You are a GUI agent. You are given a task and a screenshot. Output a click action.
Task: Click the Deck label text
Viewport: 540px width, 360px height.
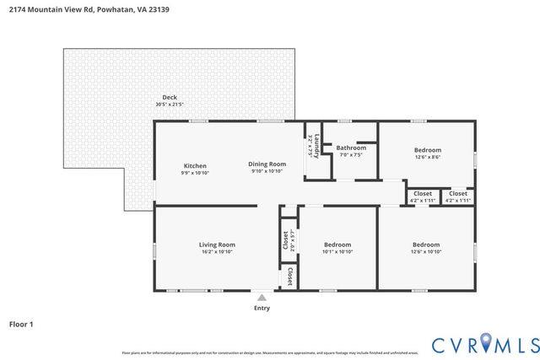point(169,97)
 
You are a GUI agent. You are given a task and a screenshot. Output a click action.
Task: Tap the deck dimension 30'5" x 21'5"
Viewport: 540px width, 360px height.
point(169,104)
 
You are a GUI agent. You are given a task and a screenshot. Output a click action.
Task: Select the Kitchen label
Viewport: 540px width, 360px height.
point(195,165)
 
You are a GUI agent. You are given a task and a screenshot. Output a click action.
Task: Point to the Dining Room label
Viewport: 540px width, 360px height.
point(267,164)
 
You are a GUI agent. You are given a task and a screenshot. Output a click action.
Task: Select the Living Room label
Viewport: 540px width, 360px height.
point(215,244)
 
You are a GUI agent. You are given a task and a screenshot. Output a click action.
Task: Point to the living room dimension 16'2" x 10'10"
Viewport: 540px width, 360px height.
point(215,251)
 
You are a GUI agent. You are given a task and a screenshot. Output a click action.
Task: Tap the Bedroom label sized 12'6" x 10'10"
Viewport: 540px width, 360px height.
point(426,244)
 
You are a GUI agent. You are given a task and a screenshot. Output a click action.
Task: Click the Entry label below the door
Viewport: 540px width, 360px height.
point(262,309)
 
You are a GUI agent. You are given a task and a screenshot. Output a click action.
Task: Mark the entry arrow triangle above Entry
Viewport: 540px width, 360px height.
point(262,297)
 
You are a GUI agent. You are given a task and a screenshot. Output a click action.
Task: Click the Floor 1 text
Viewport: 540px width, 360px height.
point(20,323)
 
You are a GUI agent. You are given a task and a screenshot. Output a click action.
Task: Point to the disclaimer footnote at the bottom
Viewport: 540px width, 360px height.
point(270,352)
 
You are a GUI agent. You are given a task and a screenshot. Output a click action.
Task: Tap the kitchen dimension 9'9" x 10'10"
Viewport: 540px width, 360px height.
point(195,172)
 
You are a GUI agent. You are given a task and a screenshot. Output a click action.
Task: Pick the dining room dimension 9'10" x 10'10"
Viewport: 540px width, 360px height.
point(267,170)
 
